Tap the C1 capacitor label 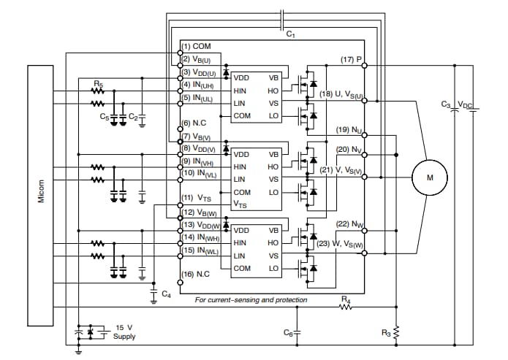290,34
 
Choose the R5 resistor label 98,85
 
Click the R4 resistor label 346,299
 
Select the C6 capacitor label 288,332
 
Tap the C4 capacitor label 166,294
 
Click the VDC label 465,104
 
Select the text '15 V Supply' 124,332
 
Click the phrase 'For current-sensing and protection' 251,299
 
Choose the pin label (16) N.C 195,274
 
